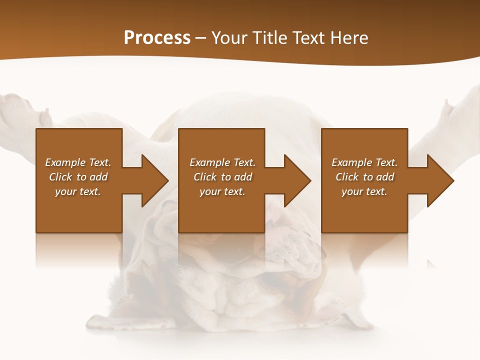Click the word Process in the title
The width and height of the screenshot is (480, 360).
(x=157, y=38)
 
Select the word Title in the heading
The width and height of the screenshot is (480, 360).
(x=269, y=38)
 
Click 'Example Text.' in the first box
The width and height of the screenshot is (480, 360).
(x=78, y=162)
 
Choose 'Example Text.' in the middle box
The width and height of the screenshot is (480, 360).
(x=222, y=162)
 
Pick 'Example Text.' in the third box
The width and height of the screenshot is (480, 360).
(x=364, y=162)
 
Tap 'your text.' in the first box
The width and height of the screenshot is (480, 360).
(x=78, y=191)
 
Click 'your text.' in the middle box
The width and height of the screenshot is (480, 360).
(x=222, y=191)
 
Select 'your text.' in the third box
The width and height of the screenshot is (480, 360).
(x=364, y=191)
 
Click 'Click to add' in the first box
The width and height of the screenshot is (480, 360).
(x=78, y=177)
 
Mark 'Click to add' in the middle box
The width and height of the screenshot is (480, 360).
(x=222, y=177)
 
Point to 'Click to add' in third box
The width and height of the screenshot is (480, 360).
(x=364, y=177)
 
